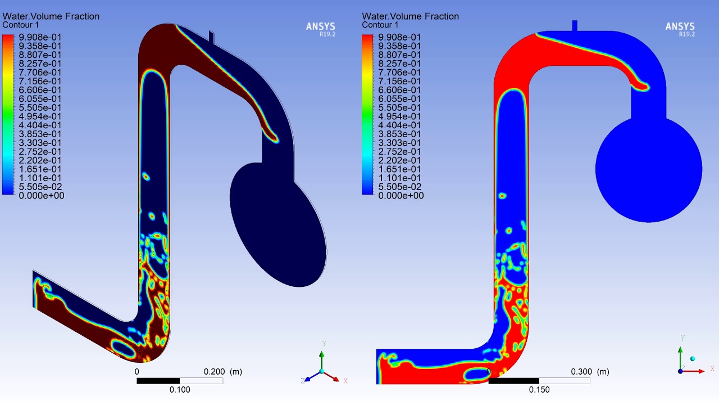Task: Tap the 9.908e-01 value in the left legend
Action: (x=40, y=37)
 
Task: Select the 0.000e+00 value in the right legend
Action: (x=401, y=195)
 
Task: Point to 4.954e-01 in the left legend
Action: (x=40, y=116)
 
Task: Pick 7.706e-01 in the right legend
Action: (x=399, y=73)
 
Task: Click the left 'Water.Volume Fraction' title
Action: (x=51, y=16)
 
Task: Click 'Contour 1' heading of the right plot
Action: (x=380, y=25)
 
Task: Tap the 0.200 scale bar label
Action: (x=214, y=372)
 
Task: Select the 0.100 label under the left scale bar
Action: (x=180, y=390)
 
